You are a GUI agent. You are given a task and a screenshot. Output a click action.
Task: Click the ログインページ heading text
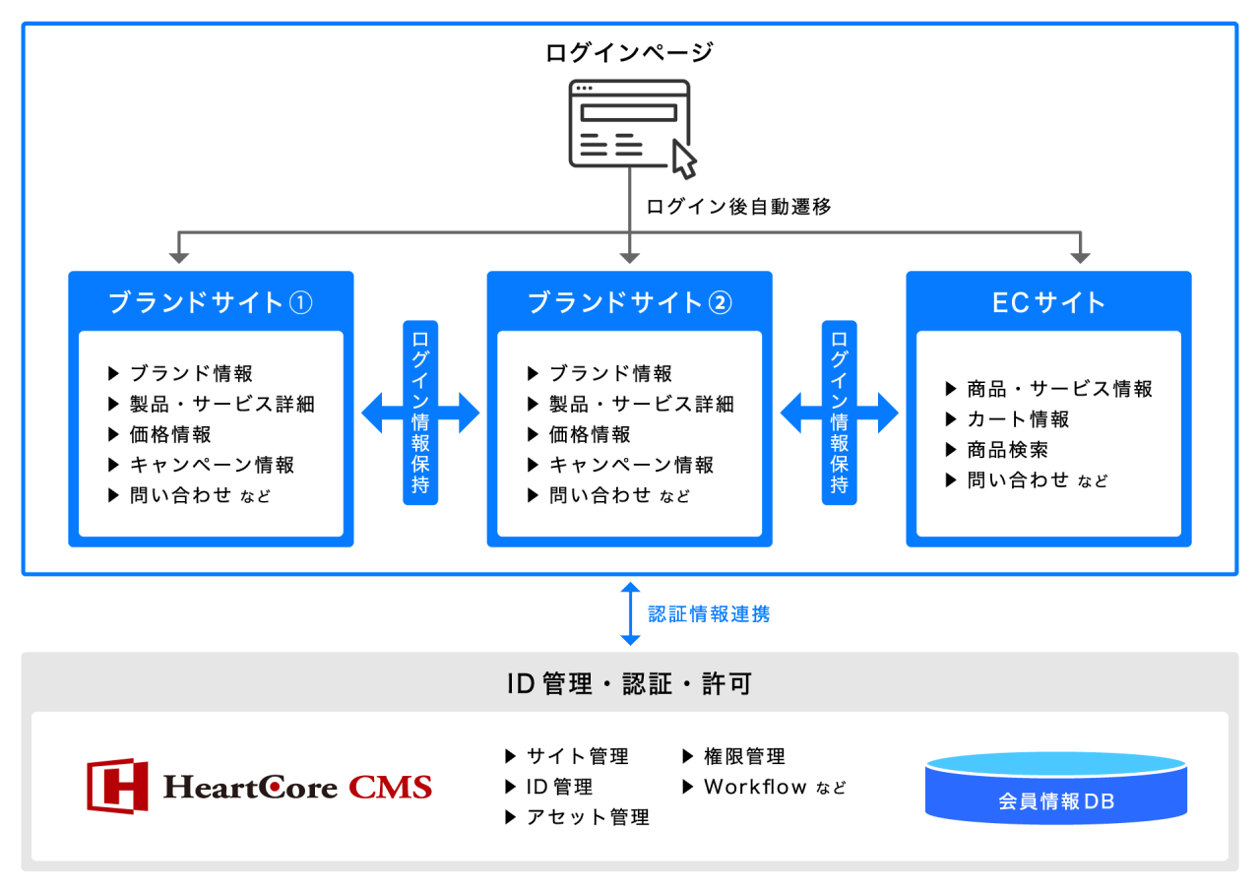(629, 52)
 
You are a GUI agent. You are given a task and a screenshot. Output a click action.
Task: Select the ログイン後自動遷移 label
(738, 207)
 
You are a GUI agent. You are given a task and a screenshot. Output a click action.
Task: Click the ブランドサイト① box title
(211, 302)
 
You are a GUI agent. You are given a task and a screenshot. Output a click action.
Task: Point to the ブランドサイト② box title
(630, 302)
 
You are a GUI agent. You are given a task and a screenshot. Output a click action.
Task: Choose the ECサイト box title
(1048, 302)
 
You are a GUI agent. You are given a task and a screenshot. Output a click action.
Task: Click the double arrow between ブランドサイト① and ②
(421, 413)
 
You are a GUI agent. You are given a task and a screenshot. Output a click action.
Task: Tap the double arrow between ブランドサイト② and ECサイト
(840, 413)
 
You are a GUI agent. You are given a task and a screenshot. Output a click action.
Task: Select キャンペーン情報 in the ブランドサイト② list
(631, 465)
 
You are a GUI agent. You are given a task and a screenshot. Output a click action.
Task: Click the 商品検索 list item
(1007, 450)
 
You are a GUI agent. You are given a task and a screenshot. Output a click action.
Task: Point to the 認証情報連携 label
(709, 614)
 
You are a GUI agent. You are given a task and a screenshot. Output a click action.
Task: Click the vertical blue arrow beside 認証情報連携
(630, 613)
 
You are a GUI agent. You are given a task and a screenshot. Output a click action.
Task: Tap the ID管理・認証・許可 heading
(629, 684)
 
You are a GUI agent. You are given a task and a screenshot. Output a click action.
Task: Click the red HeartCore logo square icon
(117, 786)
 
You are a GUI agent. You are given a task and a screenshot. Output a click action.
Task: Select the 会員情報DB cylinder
(1055, 789)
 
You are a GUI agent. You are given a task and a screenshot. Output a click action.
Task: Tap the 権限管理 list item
(744, 756)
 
